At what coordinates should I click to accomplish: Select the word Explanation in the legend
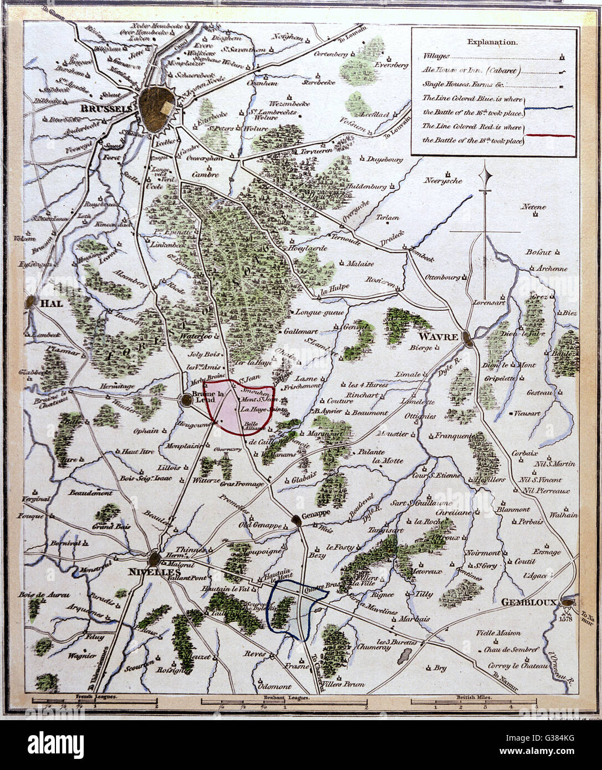click(x=492, y=42)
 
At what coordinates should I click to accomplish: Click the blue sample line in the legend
click(x=549, y=108)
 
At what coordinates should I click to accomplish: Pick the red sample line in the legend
click(x=549, y=136)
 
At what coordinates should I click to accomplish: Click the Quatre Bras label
click(x=317, y=591)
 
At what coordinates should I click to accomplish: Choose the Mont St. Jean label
click(x=259, y=398)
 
